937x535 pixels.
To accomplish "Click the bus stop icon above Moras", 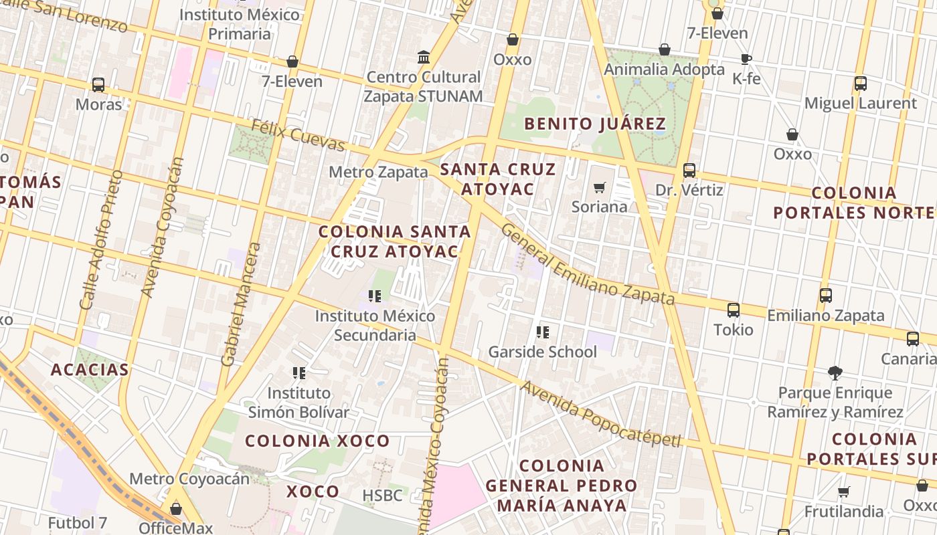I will [x=98, y=85].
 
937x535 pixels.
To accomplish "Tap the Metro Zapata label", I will [x=378, y=172].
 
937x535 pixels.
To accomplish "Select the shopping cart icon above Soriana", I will [x=599, y=188].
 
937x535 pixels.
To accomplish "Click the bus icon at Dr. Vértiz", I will [x=689, y=171].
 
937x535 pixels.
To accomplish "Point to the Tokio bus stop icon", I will [x=734, y=310].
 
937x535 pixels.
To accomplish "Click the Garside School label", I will [x=542, y=352].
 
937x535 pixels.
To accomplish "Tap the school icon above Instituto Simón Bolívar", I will [x=299, y=373].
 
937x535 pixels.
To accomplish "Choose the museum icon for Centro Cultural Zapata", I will [x=424, y=58].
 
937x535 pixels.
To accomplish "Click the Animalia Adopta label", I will [x=664, y=70].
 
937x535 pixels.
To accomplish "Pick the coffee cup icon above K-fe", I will [x=746, y=60].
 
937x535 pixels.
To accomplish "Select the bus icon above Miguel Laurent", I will [x=861, y=84].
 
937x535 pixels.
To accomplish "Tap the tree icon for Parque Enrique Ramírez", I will [x=835, y=372].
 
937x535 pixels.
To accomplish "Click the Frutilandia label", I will [x=843, y=512].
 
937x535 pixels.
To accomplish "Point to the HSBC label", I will [x=382, y=496].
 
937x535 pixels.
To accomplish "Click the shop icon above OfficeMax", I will [x=176, y=509].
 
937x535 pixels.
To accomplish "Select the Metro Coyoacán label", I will [x=189, y=479].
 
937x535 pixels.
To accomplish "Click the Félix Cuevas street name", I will [x=298, y=135].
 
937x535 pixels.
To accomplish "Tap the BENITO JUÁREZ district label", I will [x=594, y=124].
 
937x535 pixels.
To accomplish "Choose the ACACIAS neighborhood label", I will [x=90, y=370].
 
